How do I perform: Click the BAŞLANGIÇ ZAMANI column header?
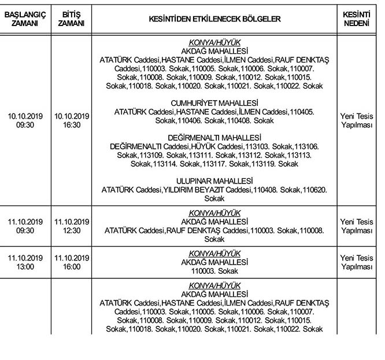coord(25,19)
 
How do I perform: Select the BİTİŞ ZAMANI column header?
coord(72,19)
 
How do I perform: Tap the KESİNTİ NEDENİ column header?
coord(357,19)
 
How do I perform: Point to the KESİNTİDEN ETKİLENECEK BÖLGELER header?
coord(214,19)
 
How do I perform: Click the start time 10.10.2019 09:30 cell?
coord(25,120)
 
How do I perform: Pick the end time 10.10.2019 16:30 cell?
coord(72,120)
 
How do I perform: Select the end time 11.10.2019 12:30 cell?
coord(72,226)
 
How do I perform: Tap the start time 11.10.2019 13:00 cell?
coord(25,262)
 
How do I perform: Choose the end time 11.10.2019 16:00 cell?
coord(72,262)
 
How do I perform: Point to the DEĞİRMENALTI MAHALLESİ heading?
coord(214,138)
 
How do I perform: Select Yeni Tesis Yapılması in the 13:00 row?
coord(357,262)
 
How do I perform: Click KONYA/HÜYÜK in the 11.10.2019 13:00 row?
coord(214,254)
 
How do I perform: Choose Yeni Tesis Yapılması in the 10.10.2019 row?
coord(357,120)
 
